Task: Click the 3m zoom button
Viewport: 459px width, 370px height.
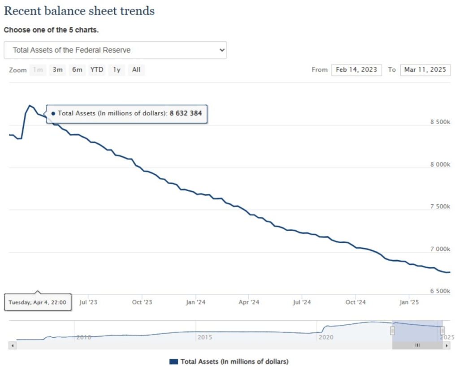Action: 57,70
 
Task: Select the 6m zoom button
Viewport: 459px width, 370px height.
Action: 77,70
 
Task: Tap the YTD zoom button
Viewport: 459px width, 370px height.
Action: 96,70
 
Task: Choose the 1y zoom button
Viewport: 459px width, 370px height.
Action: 117,70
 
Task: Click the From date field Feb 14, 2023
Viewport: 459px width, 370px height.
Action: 356,70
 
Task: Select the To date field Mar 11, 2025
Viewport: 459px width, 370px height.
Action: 425,70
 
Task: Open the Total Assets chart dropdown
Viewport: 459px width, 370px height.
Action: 115,50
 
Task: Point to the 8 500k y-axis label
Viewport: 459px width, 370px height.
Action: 440,122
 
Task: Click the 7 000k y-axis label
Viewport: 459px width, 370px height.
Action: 440,249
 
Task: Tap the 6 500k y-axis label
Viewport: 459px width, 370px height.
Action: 440,291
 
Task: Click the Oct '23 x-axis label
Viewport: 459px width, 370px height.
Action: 143,302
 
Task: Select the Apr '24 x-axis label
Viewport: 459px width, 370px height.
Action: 249,302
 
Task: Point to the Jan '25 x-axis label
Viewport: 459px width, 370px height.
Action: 409,302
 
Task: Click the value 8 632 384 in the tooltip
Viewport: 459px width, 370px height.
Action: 186,114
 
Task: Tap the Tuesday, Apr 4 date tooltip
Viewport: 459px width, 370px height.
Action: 37,302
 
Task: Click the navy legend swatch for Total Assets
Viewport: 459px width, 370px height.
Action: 173,361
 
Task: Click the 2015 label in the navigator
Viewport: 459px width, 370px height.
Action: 205,337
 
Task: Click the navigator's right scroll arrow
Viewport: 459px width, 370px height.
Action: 446,345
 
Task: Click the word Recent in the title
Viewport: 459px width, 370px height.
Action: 22,11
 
